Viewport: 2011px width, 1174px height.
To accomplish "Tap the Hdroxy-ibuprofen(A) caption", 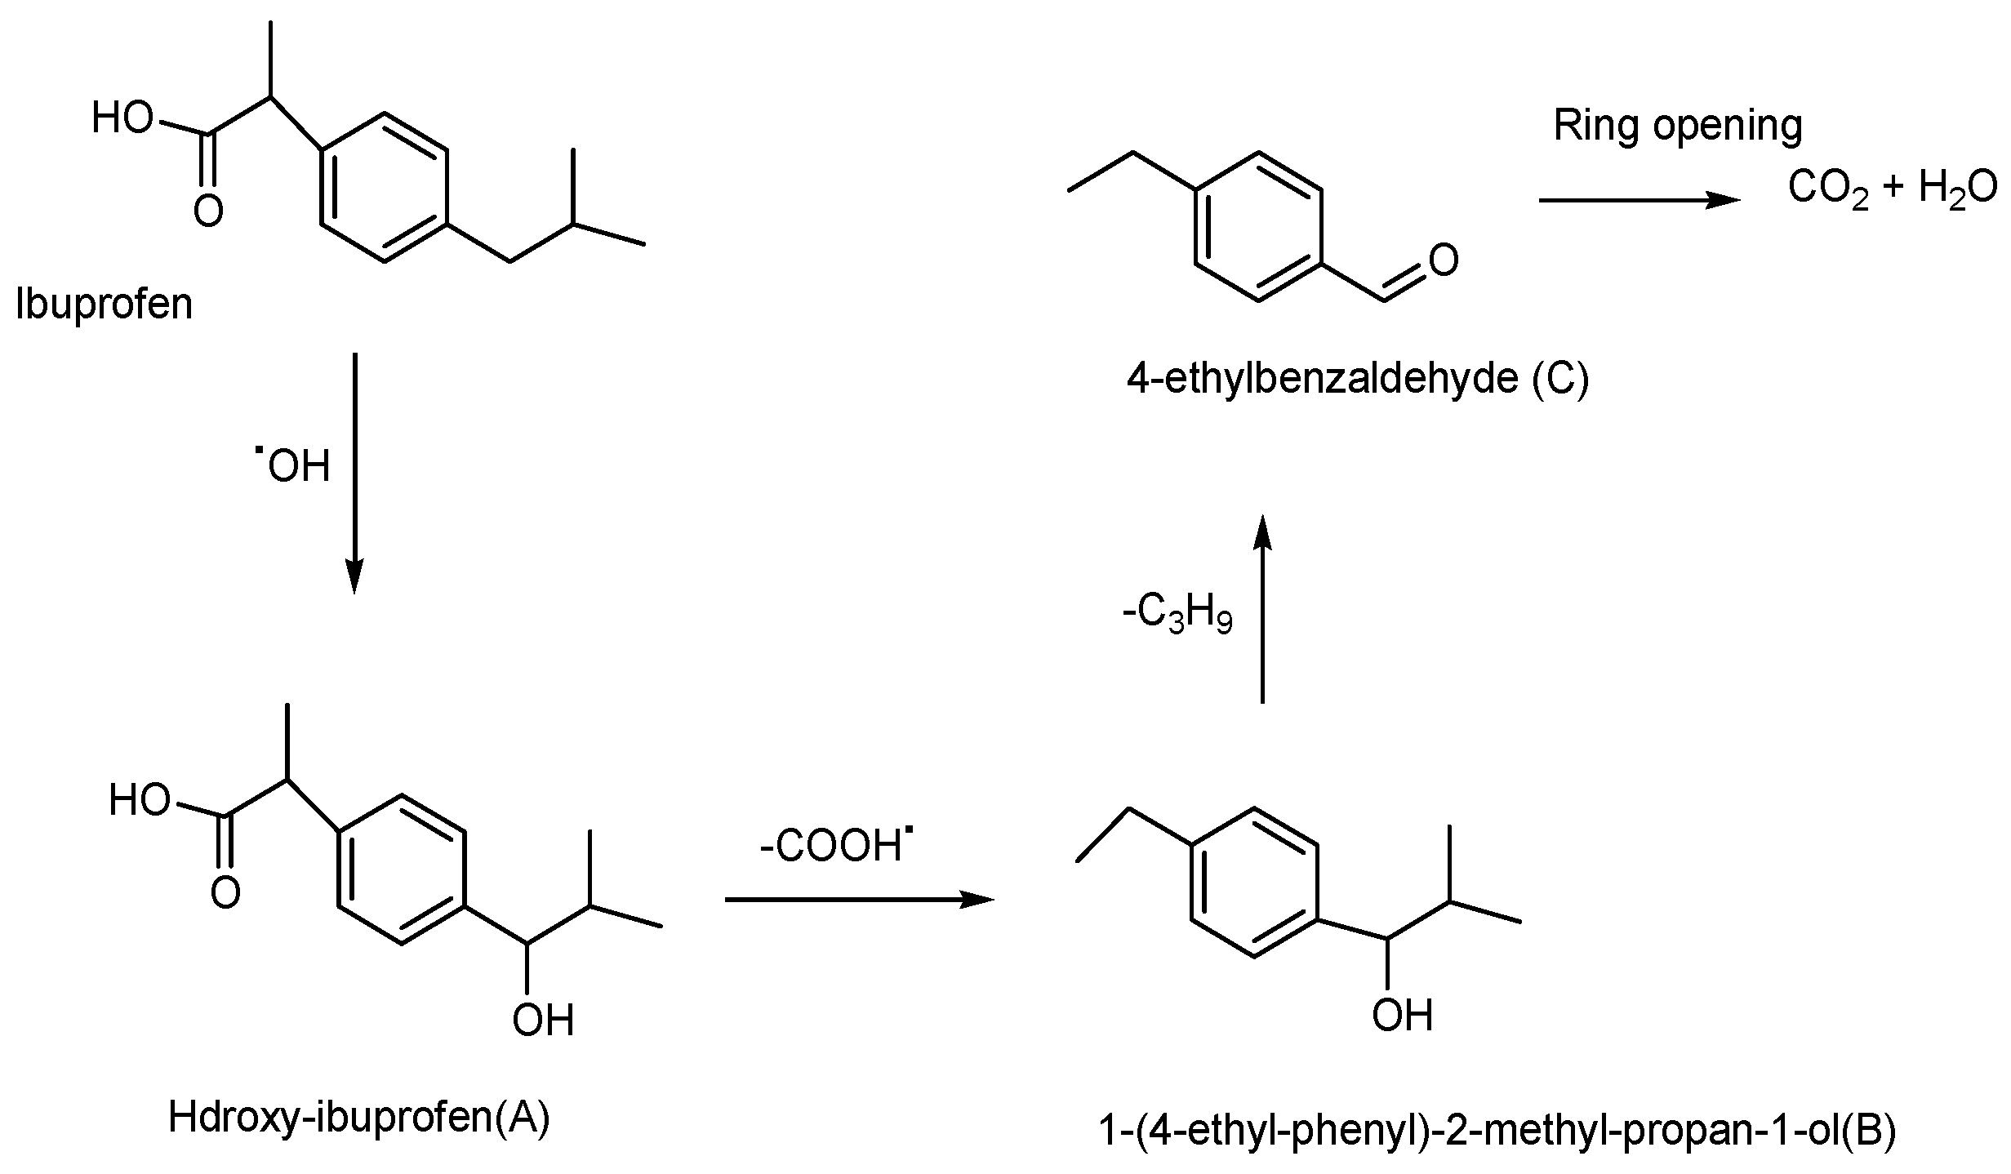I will [359, 1117].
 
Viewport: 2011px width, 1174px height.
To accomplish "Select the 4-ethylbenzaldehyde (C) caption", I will [1358, 379].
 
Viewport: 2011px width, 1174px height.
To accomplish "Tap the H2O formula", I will [1956, 189].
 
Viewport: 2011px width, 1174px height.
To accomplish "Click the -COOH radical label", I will [836, 847].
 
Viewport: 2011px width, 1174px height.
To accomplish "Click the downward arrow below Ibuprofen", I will [354, 473].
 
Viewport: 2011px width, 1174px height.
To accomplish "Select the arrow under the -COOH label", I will [859, 900].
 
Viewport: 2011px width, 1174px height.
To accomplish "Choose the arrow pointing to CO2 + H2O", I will [1639, 200].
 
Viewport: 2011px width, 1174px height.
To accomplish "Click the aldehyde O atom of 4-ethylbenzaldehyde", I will [1444, 260].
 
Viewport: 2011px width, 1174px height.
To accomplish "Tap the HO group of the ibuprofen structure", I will [122, 119].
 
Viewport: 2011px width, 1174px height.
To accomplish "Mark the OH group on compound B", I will [1402, 1016].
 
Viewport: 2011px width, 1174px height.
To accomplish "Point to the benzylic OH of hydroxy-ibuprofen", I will [543, 1021].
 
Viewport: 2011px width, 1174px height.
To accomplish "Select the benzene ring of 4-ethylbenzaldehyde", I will [1258, 227].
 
